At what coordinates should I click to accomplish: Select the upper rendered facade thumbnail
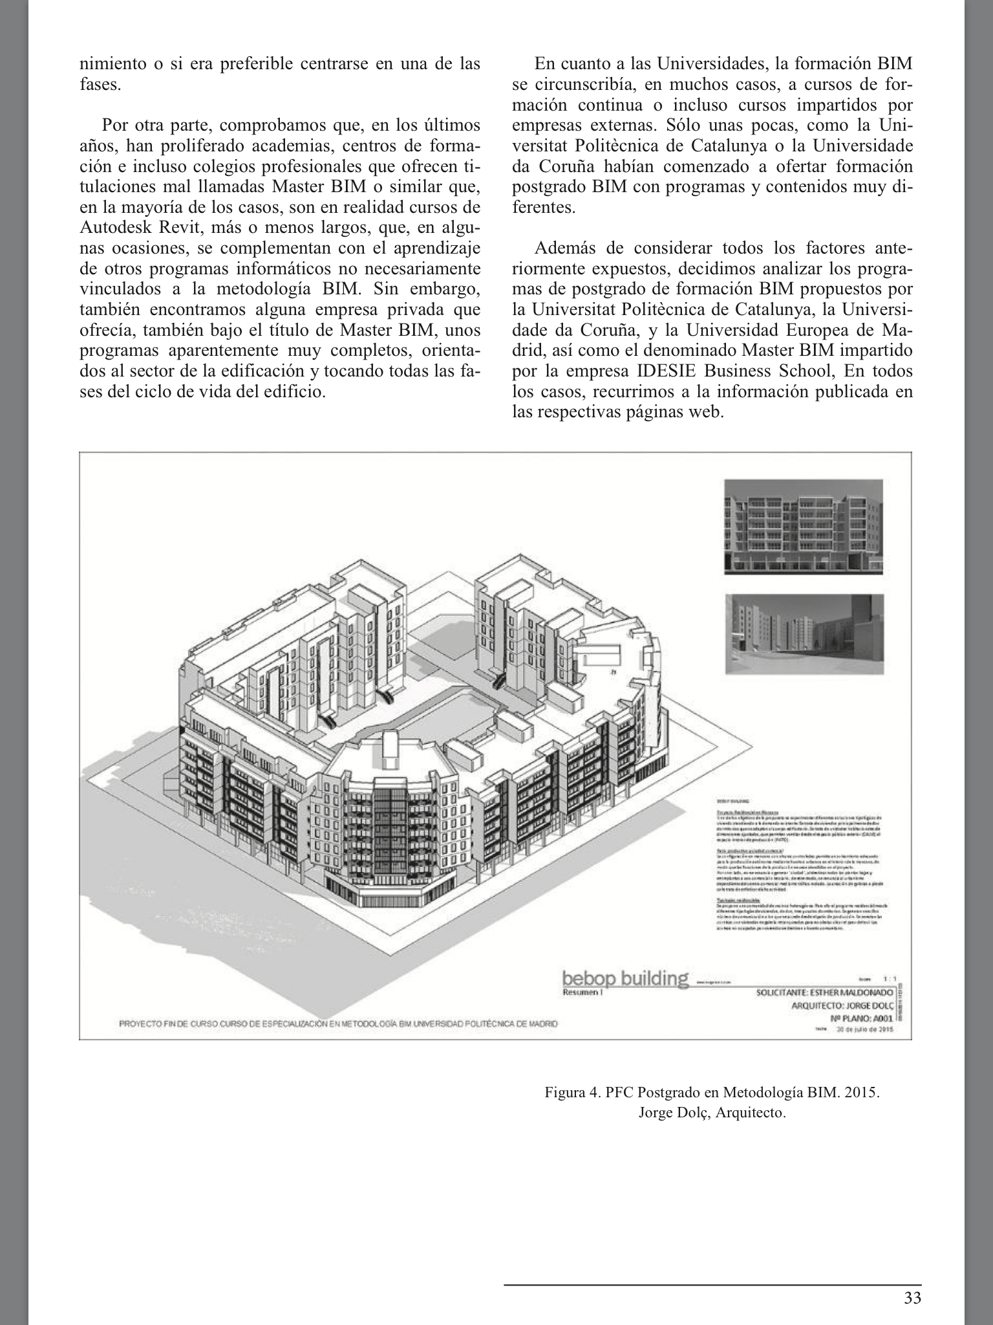[803, 526]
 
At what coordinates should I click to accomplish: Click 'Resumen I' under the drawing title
[582, 992]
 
